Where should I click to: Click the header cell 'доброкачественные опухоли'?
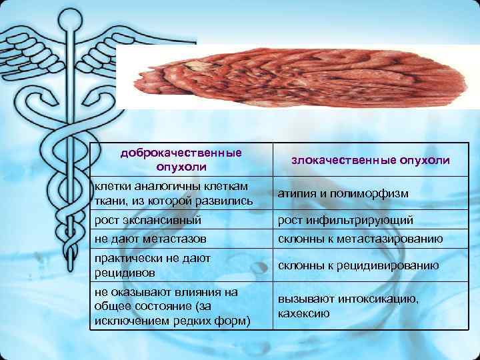(x=181, y=159)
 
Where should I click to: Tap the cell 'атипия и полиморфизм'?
(x=343, y=193)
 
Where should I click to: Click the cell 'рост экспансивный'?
(x=147, y=219)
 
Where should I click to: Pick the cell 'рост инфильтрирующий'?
(x=345, y=219)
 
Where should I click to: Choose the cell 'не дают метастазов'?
(x=150, y=238)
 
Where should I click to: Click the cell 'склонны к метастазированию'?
(x=361, y=238)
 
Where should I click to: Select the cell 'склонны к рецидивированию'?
(x=359, y=265)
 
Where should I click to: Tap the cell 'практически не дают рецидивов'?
(x=153, y=265)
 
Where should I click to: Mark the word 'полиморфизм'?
(x=377, y=193)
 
